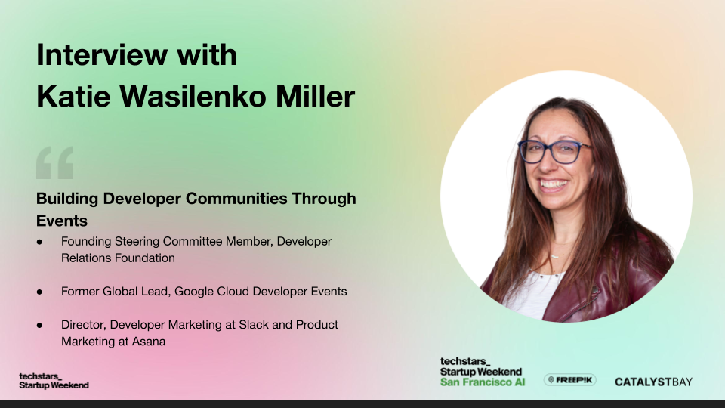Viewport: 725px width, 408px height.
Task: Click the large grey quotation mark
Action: (x=55, y=162)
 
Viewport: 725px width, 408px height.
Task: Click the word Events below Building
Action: (x=62, y=221)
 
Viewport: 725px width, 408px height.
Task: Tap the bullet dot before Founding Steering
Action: (x=40, y=242)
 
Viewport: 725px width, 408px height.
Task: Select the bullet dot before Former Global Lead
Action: (x=40, y=291)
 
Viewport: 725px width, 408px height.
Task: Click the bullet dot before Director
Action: (x=40, y=324)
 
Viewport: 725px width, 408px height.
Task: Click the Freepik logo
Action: (x=570, y=380)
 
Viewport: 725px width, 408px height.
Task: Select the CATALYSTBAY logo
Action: (x=653, y=381)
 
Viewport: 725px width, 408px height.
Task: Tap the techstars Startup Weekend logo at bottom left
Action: (x=54, y=380)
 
